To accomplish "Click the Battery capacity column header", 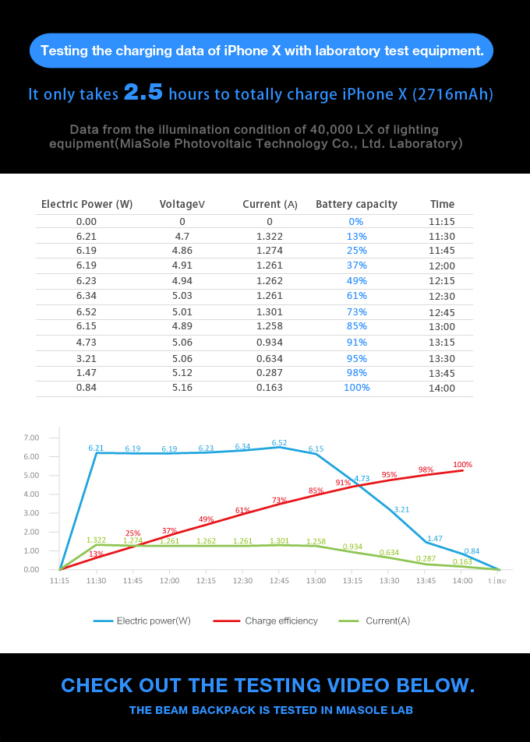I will point(356,204).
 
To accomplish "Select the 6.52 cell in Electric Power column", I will point(86,311).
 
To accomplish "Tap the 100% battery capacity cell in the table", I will point(357,387).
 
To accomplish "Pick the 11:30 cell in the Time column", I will point(442,236).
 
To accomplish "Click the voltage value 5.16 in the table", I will point(182,387).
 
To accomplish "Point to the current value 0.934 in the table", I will point(270,342).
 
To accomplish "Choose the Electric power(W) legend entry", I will point(153,621).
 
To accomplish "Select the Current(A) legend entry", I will point(387,621).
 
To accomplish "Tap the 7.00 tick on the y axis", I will point(31,438).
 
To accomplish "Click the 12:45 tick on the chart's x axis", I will point(280,581).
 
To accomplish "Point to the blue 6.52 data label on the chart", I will point(279,442).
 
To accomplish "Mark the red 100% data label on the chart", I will point(463,464).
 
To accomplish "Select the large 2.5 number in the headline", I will point(143,93).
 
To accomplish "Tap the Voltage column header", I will point(182,204).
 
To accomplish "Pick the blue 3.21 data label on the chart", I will point(401,509).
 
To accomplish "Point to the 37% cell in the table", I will point(357,266).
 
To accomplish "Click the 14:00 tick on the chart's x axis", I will point(463,581).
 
